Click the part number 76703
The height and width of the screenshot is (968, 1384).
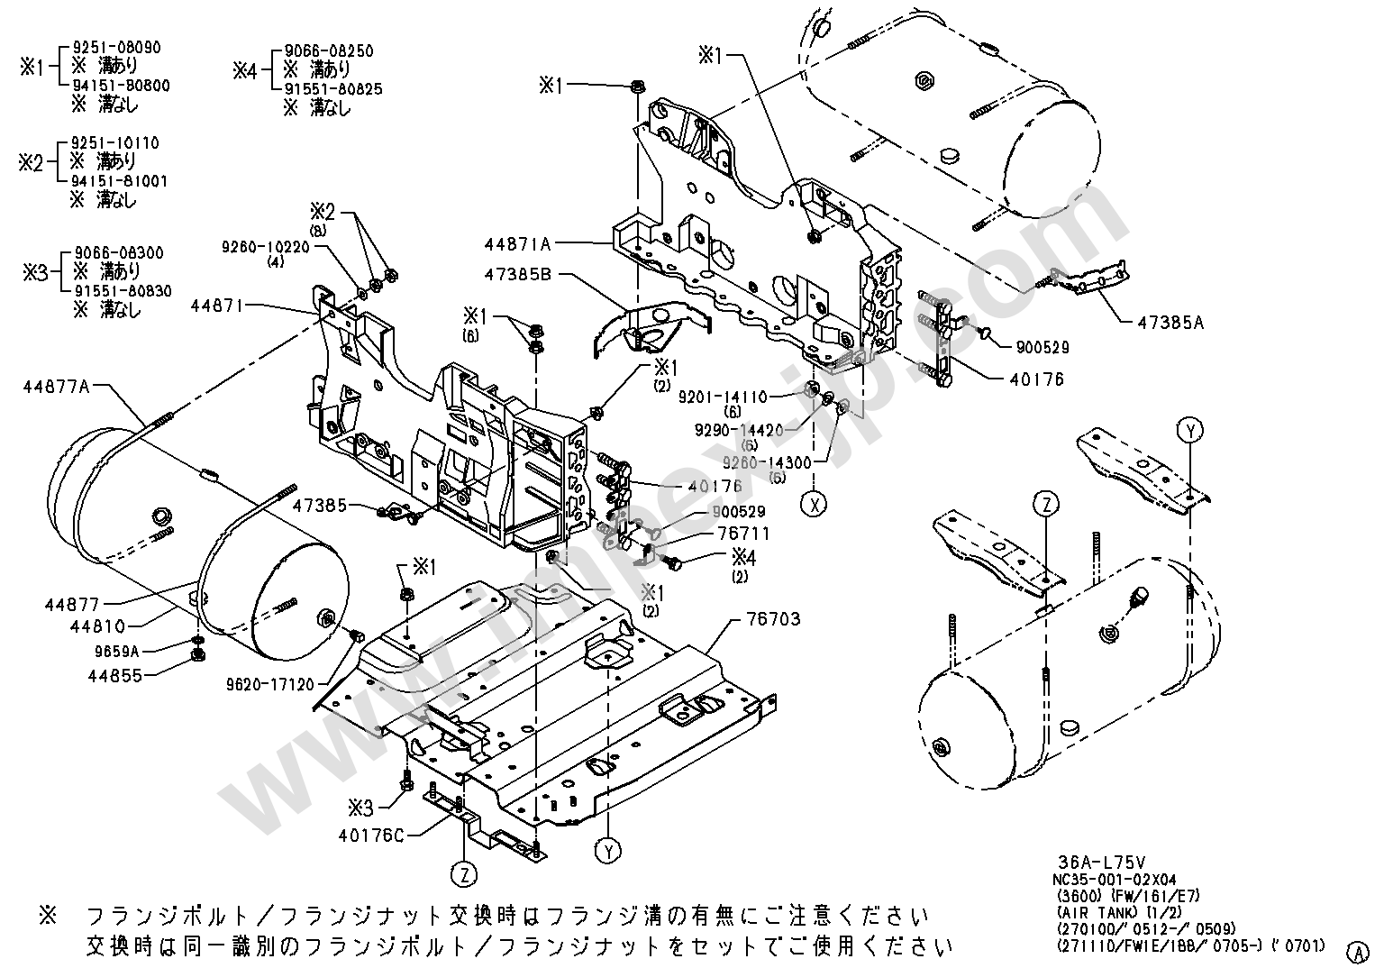tap(773, 620)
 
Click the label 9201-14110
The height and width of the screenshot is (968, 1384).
tap(722, 397)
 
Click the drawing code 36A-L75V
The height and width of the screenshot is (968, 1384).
tap(1096, 862)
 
